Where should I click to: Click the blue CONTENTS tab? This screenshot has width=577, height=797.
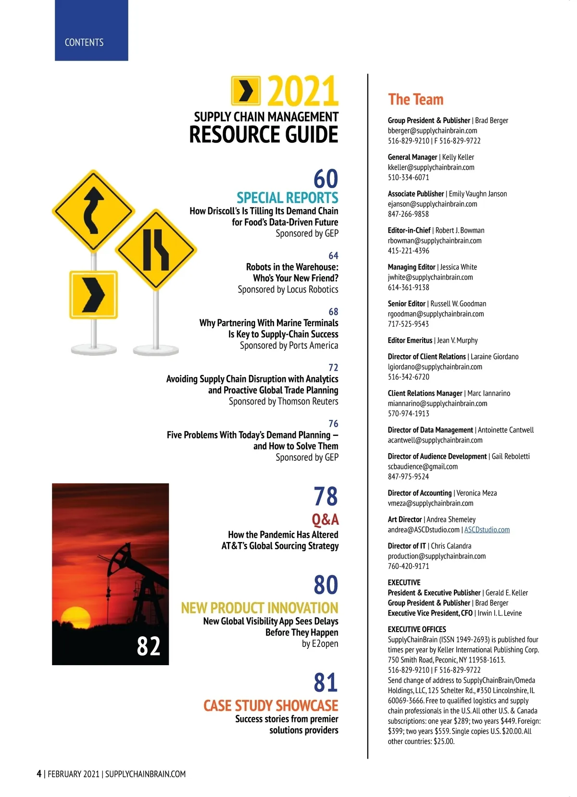[x=91, y=31]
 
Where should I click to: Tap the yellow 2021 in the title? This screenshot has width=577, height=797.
[x=303, y=91]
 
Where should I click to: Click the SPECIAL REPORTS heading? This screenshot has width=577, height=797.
[x=287, y=198]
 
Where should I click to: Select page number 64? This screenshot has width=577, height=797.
[x=333, y=255]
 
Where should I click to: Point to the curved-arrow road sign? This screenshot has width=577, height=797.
[x=93, y=211]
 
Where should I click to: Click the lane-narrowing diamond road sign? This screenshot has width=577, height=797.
[x=156, y=249]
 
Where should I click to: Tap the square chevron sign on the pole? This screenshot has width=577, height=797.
[x=94, y=294]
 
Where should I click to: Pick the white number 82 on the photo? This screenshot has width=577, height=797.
[x=148, y=645]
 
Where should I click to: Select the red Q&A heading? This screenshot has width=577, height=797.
[x=325, y=519]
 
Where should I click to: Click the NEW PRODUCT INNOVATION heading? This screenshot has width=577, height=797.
[x=260, y=608]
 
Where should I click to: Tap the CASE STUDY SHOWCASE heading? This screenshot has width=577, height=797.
[x=271, y=706]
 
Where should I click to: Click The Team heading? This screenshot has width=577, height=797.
[x=415, y=100]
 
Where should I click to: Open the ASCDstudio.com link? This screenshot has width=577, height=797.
[x=487, y=530]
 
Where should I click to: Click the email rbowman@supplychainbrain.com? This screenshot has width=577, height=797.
[x=435, y=240]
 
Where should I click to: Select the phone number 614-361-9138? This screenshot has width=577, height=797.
[x=408, y=287]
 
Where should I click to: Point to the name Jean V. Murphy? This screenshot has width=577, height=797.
[x=457, y=341]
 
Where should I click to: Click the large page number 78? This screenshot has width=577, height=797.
[x=326, y=496]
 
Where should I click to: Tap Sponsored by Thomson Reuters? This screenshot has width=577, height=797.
[x=283, y=401]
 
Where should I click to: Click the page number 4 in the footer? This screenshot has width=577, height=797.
[x=39, y=773]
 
